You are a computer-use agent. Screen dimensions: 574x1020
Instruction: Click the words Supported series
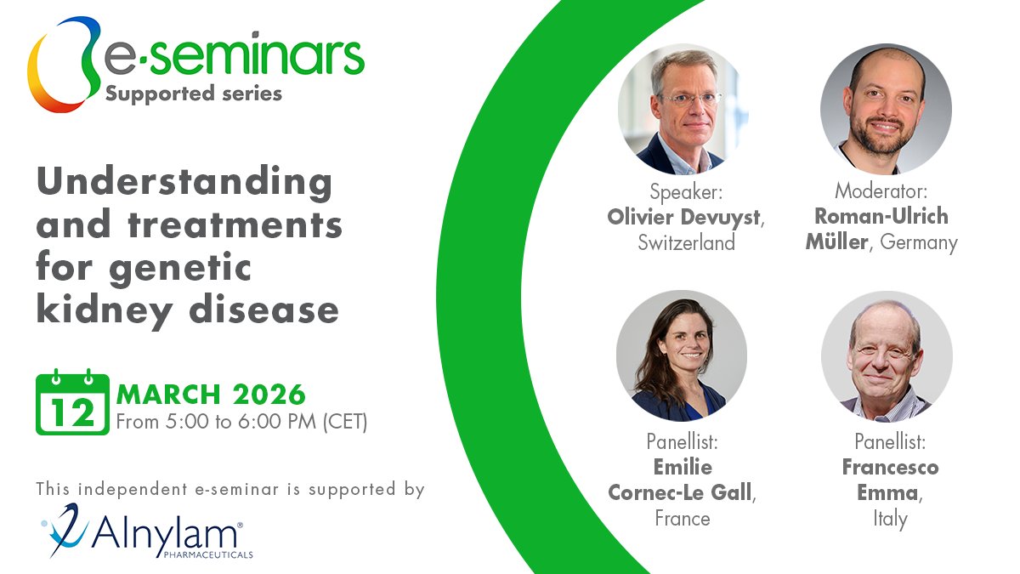pyautogui.click(x=193, y=93)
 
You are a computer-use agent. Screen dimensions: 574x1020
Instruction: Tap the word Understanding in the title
pyautogui.click(x=184, y=181)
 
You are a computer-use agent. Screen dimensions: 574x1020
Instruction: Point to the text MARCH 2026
pyautogui.click(x=211, y=394)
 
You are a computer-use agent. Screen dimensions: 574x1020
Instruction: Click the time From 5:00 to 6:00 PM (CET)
pyautogui.click(x=241, y=422)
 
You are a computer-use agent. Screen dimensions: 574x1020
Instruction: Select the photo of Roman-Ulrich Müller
pyautogui.click(x=886, y=109)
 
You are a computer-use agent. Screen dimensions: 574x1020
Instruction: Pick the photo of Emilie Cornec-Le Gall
pyautogui.click(x=682, y=355)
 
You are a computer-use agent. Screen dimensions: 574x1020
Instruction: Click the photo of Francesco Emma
pyautogui.click(x=887, y=355)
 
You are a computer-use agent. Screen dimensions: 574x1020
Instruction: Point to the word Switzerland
pyautogui.click(x=686, y=243)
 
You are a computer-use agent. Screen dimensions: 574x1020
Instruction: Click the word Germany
pyautogui.click(x=919, y=242)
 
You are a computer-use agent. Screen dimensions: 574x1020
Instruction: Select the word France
pyautogui.click(x=682, y=518)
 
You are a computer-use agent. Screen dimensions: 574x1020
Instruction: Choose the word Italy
pyautogui.click(x=890, y=518)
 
